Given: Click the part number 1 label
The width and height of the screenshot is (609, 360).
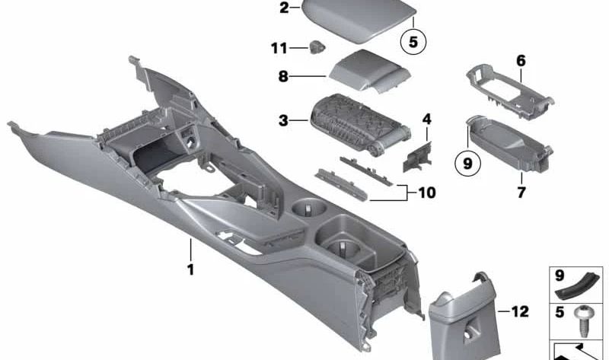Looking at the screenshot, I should [x=190, y=269].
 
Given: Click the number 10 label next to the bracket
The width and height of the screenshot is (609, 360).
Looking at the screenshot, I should [x=426, y=193].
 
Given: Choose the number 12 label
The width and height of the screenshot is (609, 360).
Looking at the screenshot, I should [x=519, y=311].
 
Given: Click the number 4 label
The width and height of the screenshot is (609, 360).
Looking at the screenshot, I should [x=426, y=119].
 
